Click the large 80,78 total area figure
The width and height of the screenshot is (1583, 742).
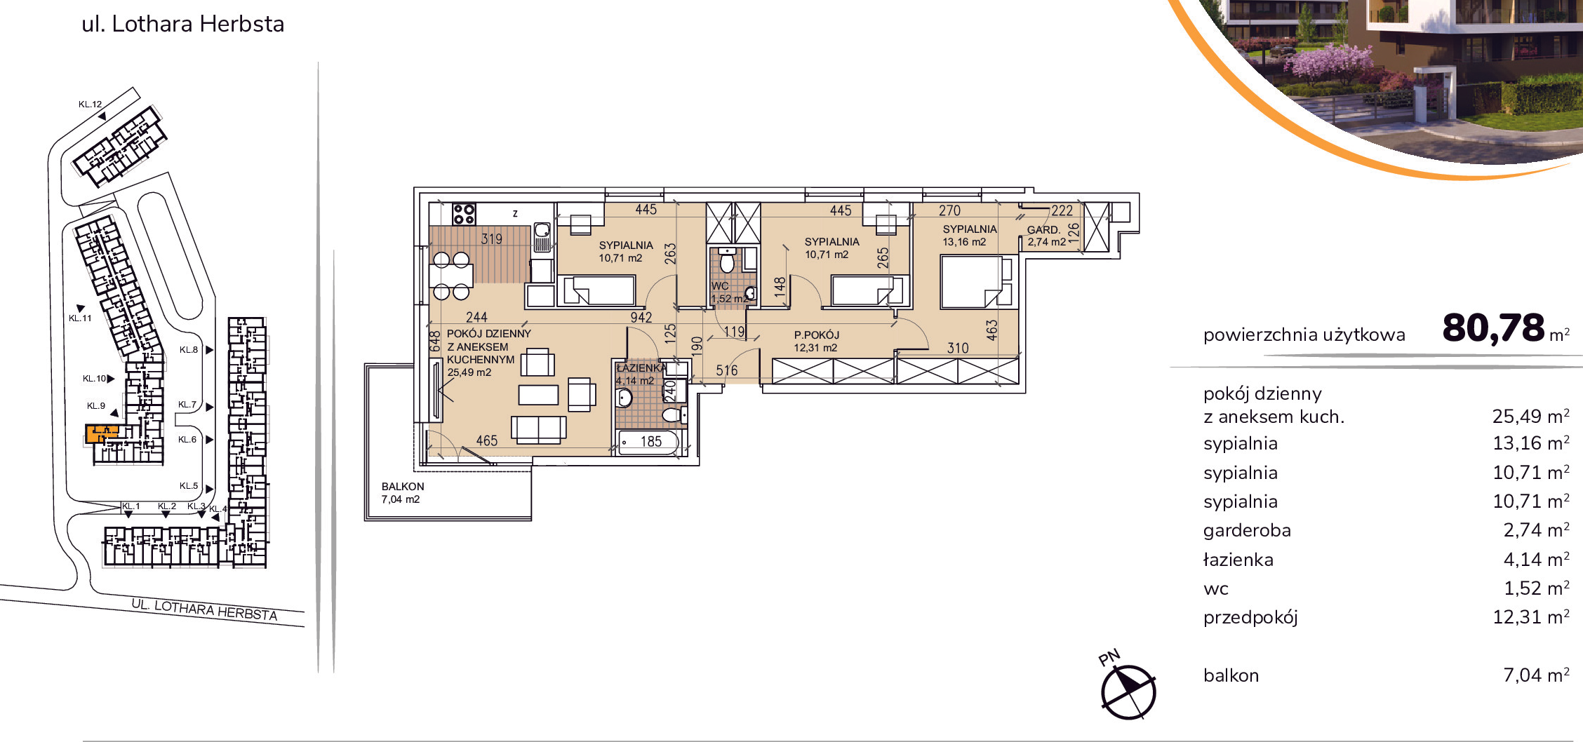(x=1493, y=328)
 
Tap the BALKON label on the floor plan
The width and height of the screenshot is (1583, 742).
(x=403, y=486)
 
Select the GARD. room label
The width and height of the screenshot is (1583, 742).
(x=1043, y=229)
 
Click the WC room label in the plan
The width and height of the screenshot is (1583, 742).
(x=719, y=285)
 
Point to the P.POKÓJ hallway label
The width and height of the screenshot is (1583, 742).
(x=816, y=335)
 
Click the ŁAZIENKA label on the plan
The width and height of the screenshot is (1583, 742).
(x=641, y=367)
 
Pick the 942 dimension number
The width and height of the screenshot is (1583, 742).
(x=641, y=318)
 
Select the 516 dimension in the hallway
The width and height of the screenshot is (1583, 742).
(x=727, y=370)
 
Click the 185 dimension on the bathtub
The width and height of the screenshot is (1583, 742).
(x=650, y=441)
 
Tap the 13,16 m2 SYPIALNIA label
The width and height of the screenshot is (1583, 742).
(x=969, y=236)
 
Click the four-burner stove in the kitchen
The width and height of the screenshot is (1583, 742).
(x=464, y=214)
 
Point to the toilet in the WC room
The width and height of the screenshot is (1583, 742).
(x=728, y=261)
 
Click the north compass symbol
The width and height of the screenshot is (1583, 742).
(x=1128, y=691)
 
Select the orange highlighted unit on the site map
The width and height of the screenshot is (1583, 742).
(x=102, y=433)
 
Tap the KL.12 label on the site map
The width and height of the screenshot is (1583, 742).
(x=91, y=104)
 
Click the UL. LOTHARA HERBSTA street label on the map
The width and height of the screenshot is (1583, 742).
(x=205, y=609)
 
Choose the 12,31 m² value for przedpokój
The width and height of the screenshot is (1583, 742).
(x=1530, y=617)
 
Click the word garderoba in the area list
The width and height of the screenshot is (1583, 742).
(x=1247, y=531)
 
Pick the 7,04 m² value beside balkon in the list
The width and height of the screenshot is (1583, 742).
(x=1536, y=675)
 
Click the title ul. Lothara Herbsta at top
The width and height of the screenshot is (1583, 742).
(x=183, y=24)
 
